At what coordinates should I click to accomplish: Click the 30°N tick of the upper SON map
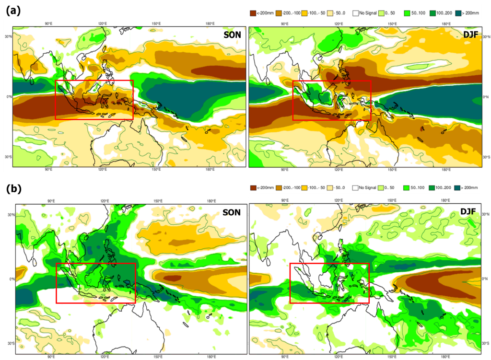pyautogui.click(x=8, y=36)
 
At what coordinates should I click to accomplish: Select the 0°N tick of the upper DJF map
pyautogui.click(x=485, y=96)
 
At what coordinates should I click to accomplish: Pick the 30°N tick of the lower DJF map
pyautogui.click(x=485, y=214)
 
